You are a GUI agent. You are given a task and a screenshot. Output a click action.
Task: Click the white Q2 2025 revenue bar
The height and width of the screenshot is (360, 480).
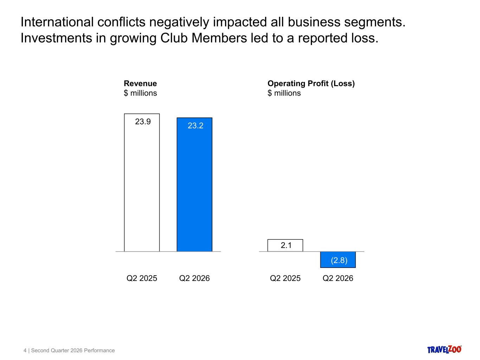(142, 182)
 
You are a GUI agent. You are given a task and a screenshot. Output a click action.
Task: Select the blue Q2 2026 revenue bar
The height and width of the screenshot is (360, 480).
(194, 185)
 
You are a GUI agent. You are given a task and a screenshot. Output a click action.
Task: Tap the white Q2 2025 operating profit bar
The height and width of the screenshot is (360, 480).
(285, 245)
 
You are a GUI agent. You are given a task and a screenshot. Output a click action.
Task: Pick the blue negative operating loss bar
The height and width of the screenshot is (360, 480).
(338, 259)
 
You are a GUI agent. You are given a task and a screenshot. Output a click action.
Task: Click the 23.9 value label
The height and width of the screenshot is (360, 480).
(143, 122)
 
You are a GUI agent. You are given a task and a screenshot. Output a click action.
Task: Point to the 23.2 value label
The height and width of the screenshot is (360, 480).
(196, 126)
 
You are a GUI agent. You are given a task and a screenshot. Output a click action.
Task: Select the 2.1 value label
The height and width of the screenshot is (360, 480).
(286, 245)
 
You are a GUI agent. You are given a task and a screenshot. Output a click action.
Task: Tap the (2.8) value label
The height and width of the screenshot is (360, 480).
(339, 260)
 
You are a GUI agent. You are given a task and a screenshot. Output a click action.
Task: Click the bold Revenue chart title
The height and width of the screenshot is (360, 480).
(140, 83)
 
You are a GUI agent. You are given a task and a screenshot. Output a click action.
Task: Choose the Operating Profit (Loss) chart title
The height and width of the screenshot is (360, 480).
(311, 84)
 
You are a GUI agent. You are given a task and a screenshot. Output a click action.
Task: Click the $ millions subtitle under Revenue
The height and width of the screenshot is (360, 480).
(140, 93)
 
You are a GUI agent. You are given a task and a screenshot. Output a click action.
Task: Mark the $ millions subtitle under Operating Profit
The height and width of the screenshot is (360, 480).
(284, 93)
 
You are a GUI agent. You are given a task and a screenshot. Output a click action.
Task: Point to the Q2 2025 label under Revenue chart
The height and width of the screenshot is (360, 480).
(142, 278)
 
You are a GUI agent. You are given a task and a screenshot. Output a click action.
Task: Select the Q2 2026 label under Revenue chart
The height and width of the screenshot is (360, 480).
(194, 278)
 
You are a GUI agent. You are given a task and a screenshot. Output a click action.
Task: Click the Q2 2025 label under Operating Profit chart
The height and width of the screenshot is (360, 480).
(285, 278)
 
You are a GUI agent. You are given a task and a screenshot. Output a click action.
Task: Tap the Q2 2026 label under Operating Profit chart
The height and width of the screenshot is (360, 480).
(338, 278)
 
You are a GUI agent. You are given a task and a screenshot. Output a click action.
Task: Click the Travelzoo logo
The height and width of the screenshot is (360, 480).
(444, 349)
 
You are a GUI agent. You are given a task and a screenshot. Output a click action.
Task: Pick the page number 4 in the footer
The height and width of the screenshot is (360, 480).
(25, 351)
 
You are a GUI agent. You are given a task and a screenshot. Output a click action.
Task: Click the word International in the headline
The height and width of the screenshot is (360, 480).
(57, 22)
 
